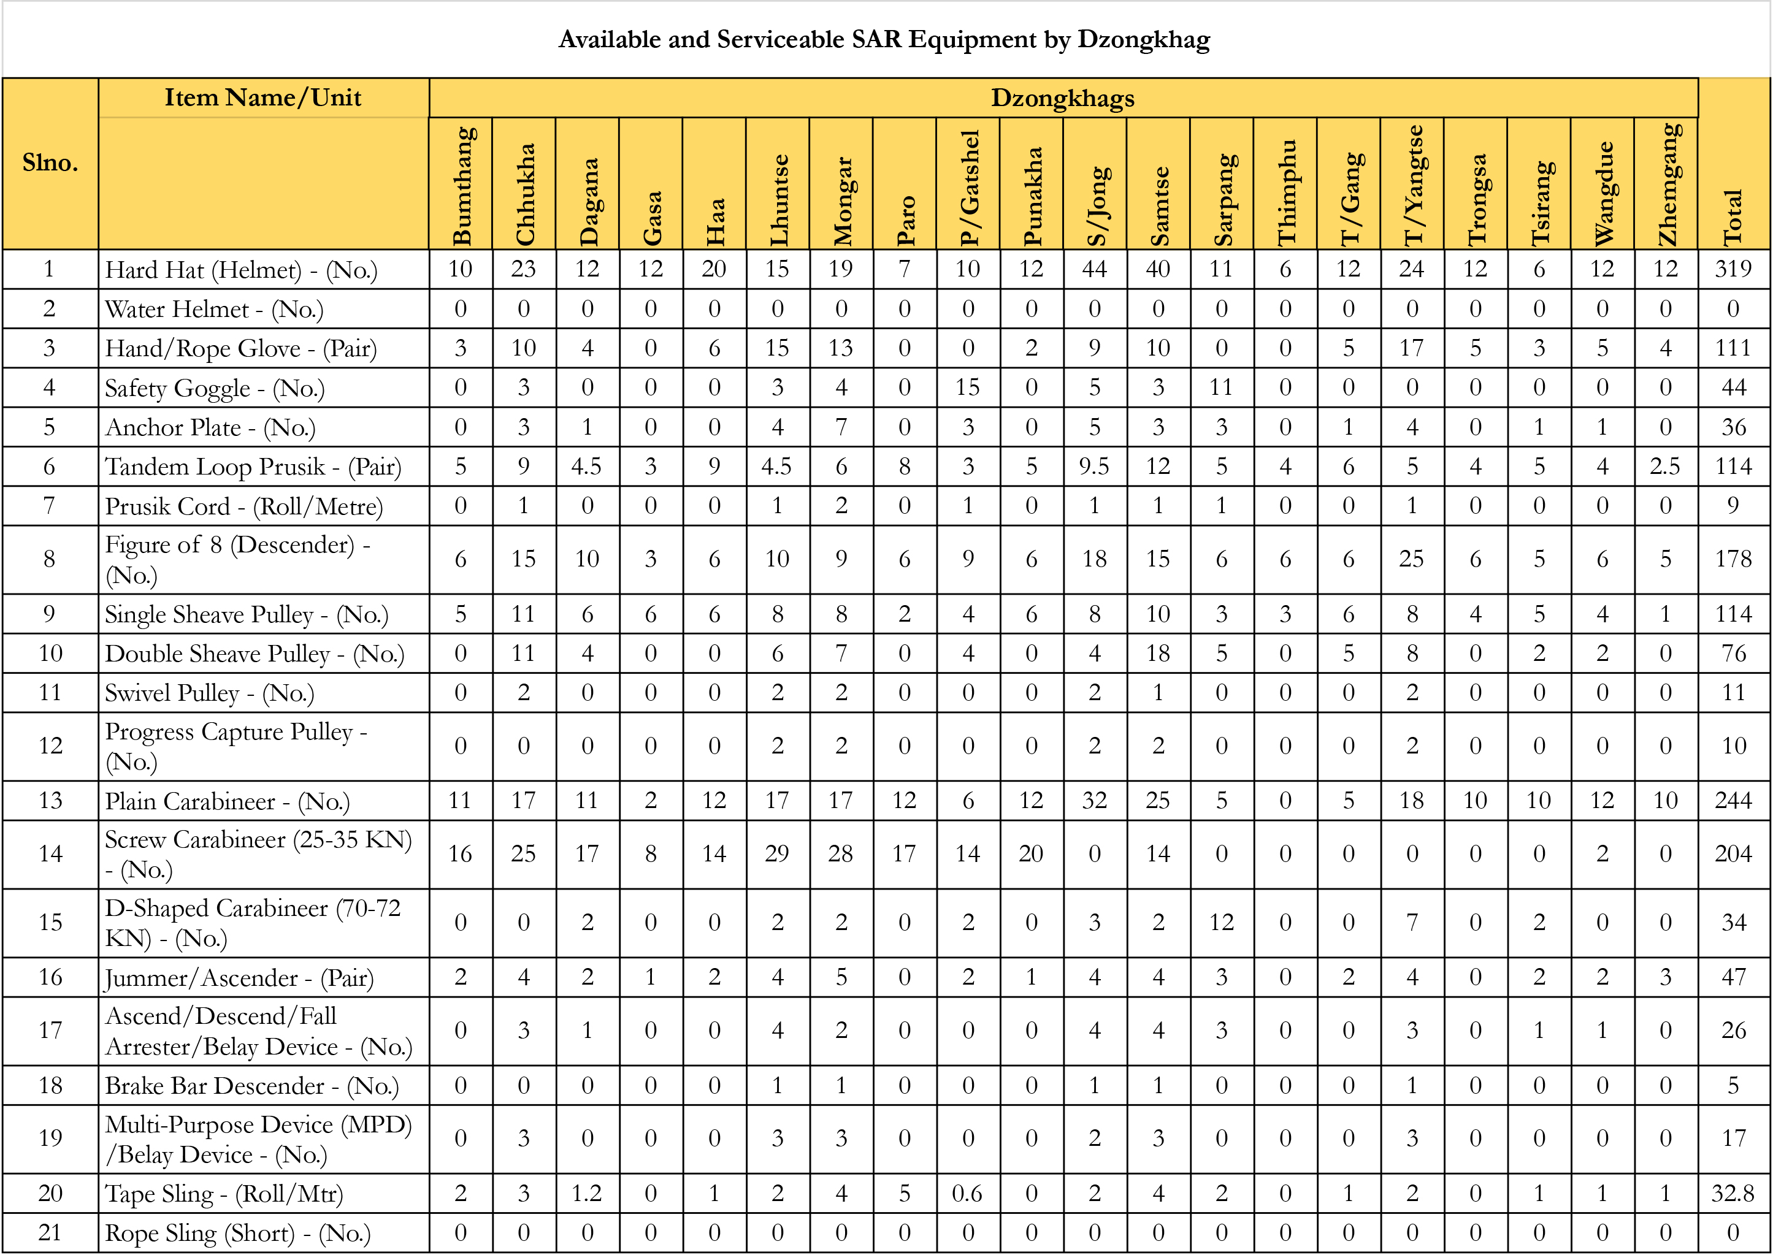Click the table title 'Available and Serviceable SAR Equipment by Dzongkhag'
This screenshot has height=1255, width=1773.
coord(884,39)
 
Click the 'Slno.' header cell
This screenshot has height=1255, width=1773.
coord(50,163)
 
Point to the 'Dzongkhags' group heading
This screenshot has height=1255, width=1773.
coord(1063,98)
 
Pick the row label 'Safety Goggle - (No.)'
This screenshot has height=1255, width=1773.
coord(215,388)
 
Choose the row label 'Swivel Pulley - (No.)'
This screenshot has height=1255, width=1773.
coord(210,693)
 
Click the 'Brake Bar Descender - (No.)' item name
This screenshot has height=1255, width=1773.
coord(252,1086)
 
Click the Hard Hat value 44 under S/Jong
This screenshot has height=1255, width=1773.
coord(1095,269)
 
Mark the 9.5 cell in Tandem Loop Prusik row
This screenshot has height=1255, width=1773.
coord(1095,467)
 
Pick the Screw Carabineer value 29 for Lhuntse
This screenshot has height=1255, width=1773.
coord(778,854)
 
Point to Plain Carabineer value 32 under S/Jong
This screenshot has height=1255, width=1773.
coord(1095,801)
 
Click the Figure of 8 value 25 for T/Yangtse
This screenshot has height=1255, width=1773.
coord(1411,559)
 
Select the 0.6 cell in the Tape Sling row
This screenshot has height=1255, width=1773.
coord(968,1193)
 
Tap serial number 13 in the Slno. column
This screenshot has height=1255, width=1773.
coord(50,801)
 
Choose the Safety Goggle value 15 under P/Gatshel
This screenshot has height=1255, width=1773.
coord(968,388)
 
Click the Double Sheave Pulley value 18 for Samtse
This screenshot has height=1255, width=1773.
coord(1158,654)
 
